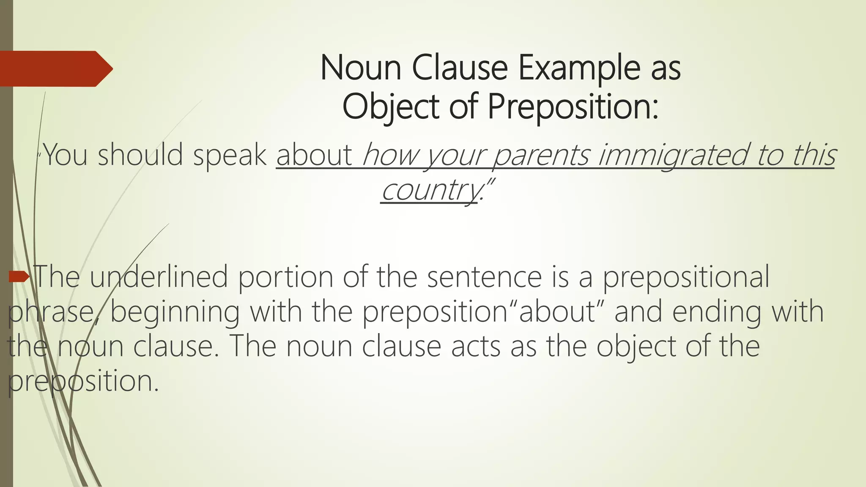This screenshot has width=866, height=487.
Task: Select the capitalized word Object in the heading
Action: pos(391,107)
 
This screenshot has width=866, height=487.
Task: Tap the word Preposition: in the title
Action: pos(573,107)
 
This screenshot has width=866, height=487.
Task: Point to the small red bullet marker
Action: pos(19,277)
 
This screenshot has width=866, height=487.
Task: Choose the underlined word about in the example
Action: pos(314,155)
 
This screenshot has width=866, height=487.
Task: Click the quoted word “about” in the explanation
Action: pos(558,312)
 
